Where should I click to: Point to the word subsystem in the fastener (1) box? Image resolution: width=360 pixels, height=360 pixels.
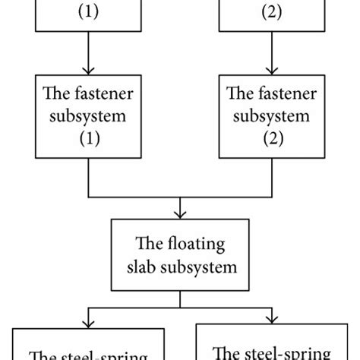coord(90,118)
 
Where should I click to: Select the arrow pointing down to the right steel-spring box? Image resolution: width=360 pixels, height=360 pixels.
coord(270,317)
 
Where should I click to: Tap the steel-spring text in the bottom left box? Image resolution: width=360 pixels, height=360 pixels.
coord(103,354)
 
